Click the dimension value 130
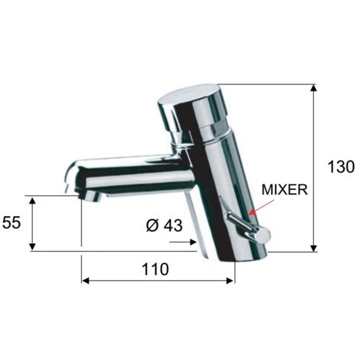[x=341, y=167]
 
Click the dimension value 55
[x=11, y=222]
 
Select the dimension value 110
[x=155, y=269]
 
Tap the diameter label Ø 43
[x=165, y=225]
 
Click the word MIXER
[x=285, y=190]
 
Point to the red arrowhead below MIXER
[x=252, y=211]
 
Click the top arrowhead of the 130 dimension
[x=314, y=87]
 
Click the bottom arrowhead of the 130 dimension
[x=314, y=248]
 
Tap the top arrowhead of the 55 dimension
[x=32, y=200]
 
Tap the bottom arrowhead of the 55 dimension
[x=32, y=247]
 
